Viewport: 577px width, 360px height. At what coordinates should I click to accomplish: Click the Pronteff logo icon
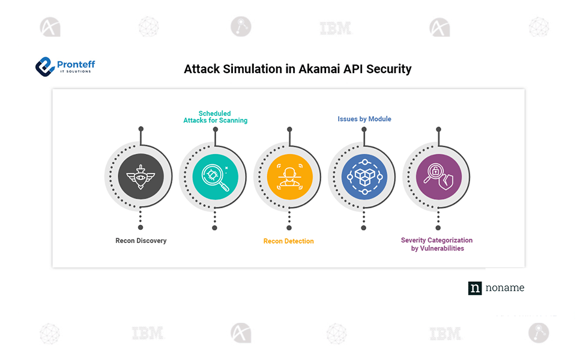(x=44, y=67)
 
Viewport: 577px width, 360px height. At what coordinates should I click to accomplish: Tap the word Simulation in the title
(x=253, y=69)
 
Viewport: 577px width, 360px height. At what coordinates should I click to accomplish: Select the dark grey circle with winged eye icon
(x=140, y=177)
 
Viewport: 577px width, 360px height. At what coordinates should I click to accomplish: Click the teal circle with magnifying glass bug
(x=215, y=177)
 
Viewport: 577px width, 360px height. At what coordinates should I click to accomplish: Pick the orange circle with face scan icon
(x=289, y=177)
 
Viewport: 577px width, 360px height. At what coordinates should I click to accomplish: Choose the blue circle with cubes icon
(x=364, y=177)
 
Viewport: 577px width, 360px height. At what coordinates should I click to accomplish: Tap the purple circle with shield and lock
(x=438, y=177)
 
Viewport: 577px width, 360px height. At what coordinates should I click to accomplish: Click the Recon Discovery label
(x=141, y=241)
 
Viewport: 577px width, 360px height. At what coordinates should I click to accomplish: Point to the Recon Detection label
(x=288, y=241)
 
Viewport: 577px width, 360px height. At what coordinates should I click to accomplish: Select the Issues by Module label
(x=364, y=119)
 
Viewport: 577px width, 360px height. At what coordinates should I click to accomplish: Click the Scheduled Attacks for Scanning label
(x=215, y=116)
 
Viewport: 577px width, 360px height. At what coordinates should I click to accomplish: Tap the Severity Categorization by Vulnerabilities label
(x=437, y=244)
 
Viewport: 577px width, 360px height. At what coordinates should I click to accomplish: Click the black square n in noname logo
(x=475, y=288)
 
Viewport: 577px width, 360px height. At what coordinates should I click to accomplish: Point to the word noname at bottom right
(x=504, y=288)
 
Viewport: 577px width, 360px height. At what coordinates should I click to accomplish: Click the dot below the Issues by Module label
(x=364, y=128)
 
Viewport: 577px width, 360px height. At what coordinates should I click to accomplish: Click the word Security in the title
(x=389, y=69)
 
